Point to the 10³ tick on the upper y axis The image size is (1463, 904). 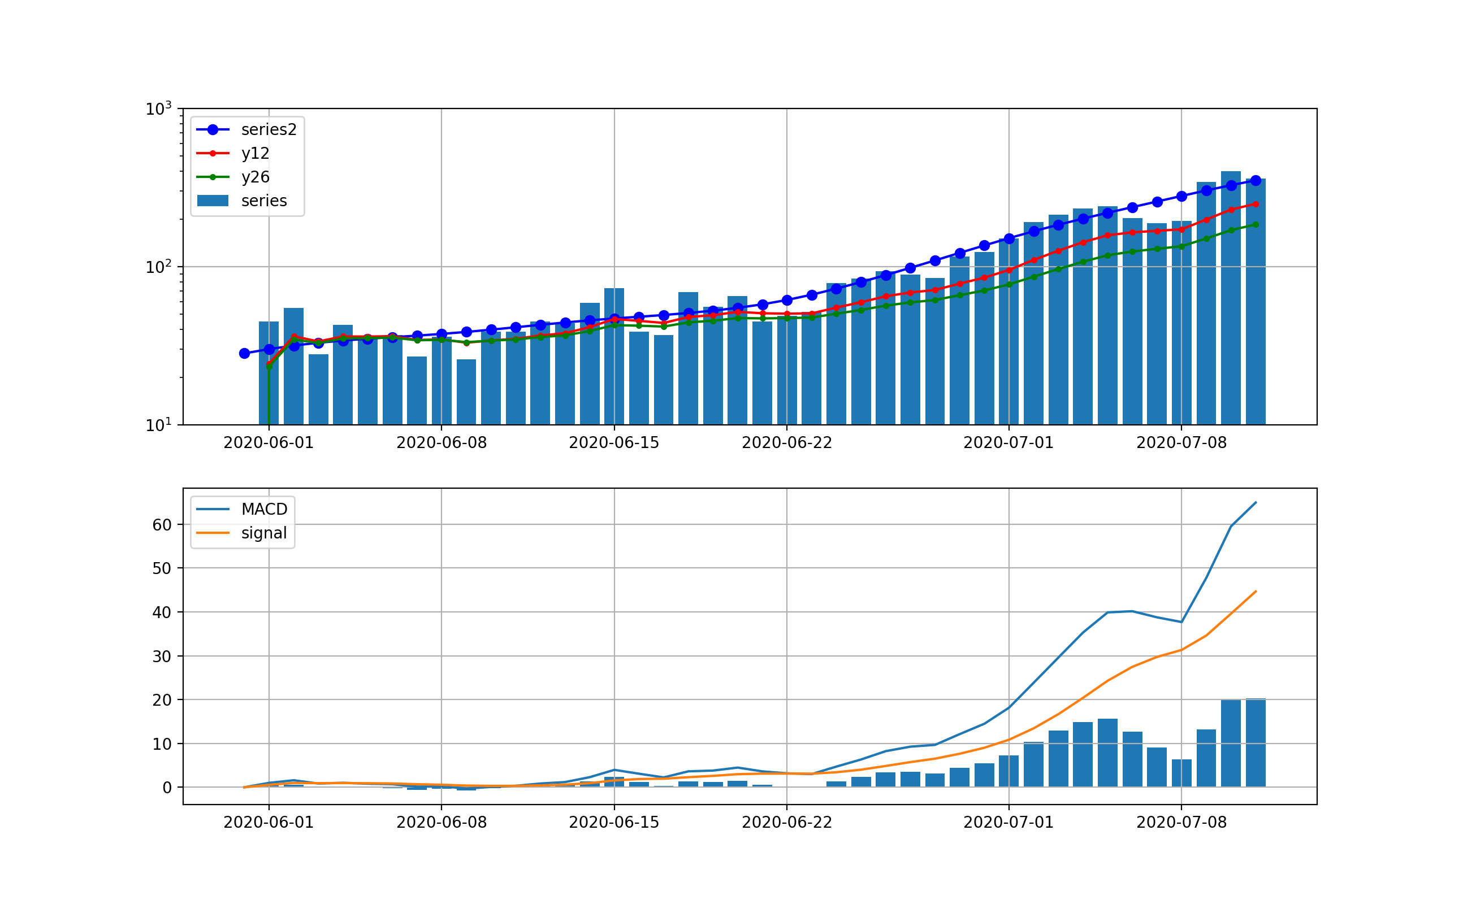[x=158, y=110]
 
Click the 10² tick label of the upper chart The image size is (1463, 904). [x=158, y=267]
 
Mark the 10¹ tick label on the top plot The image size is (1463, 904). [x=158, y=425]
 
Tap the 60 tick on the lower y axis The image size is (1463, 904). [x=162, y=525]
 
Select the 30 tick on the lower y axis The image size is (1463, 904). [x=162, y=657]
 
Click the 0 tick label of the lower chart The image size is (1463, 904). [x=167, y=788]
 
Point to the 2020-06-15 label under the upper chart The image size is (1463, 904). [x=614, y=443]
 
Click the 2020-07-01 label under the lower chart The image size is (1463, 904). [x=1008, y=823]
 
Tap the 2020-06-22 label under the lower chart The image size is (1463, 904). [x=786, y=823]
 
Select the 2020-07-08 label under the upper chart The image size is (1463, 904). [x=1181, y=443]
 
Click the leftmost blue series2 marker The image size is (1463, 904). [x=244, y=353]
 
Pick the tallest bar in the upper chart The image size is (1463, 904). [x=1230, y=299]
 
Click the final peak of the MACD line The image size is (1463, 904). [x=1256, y=502]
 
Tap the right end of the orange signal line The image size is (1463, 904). [x=1256, y=592]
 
